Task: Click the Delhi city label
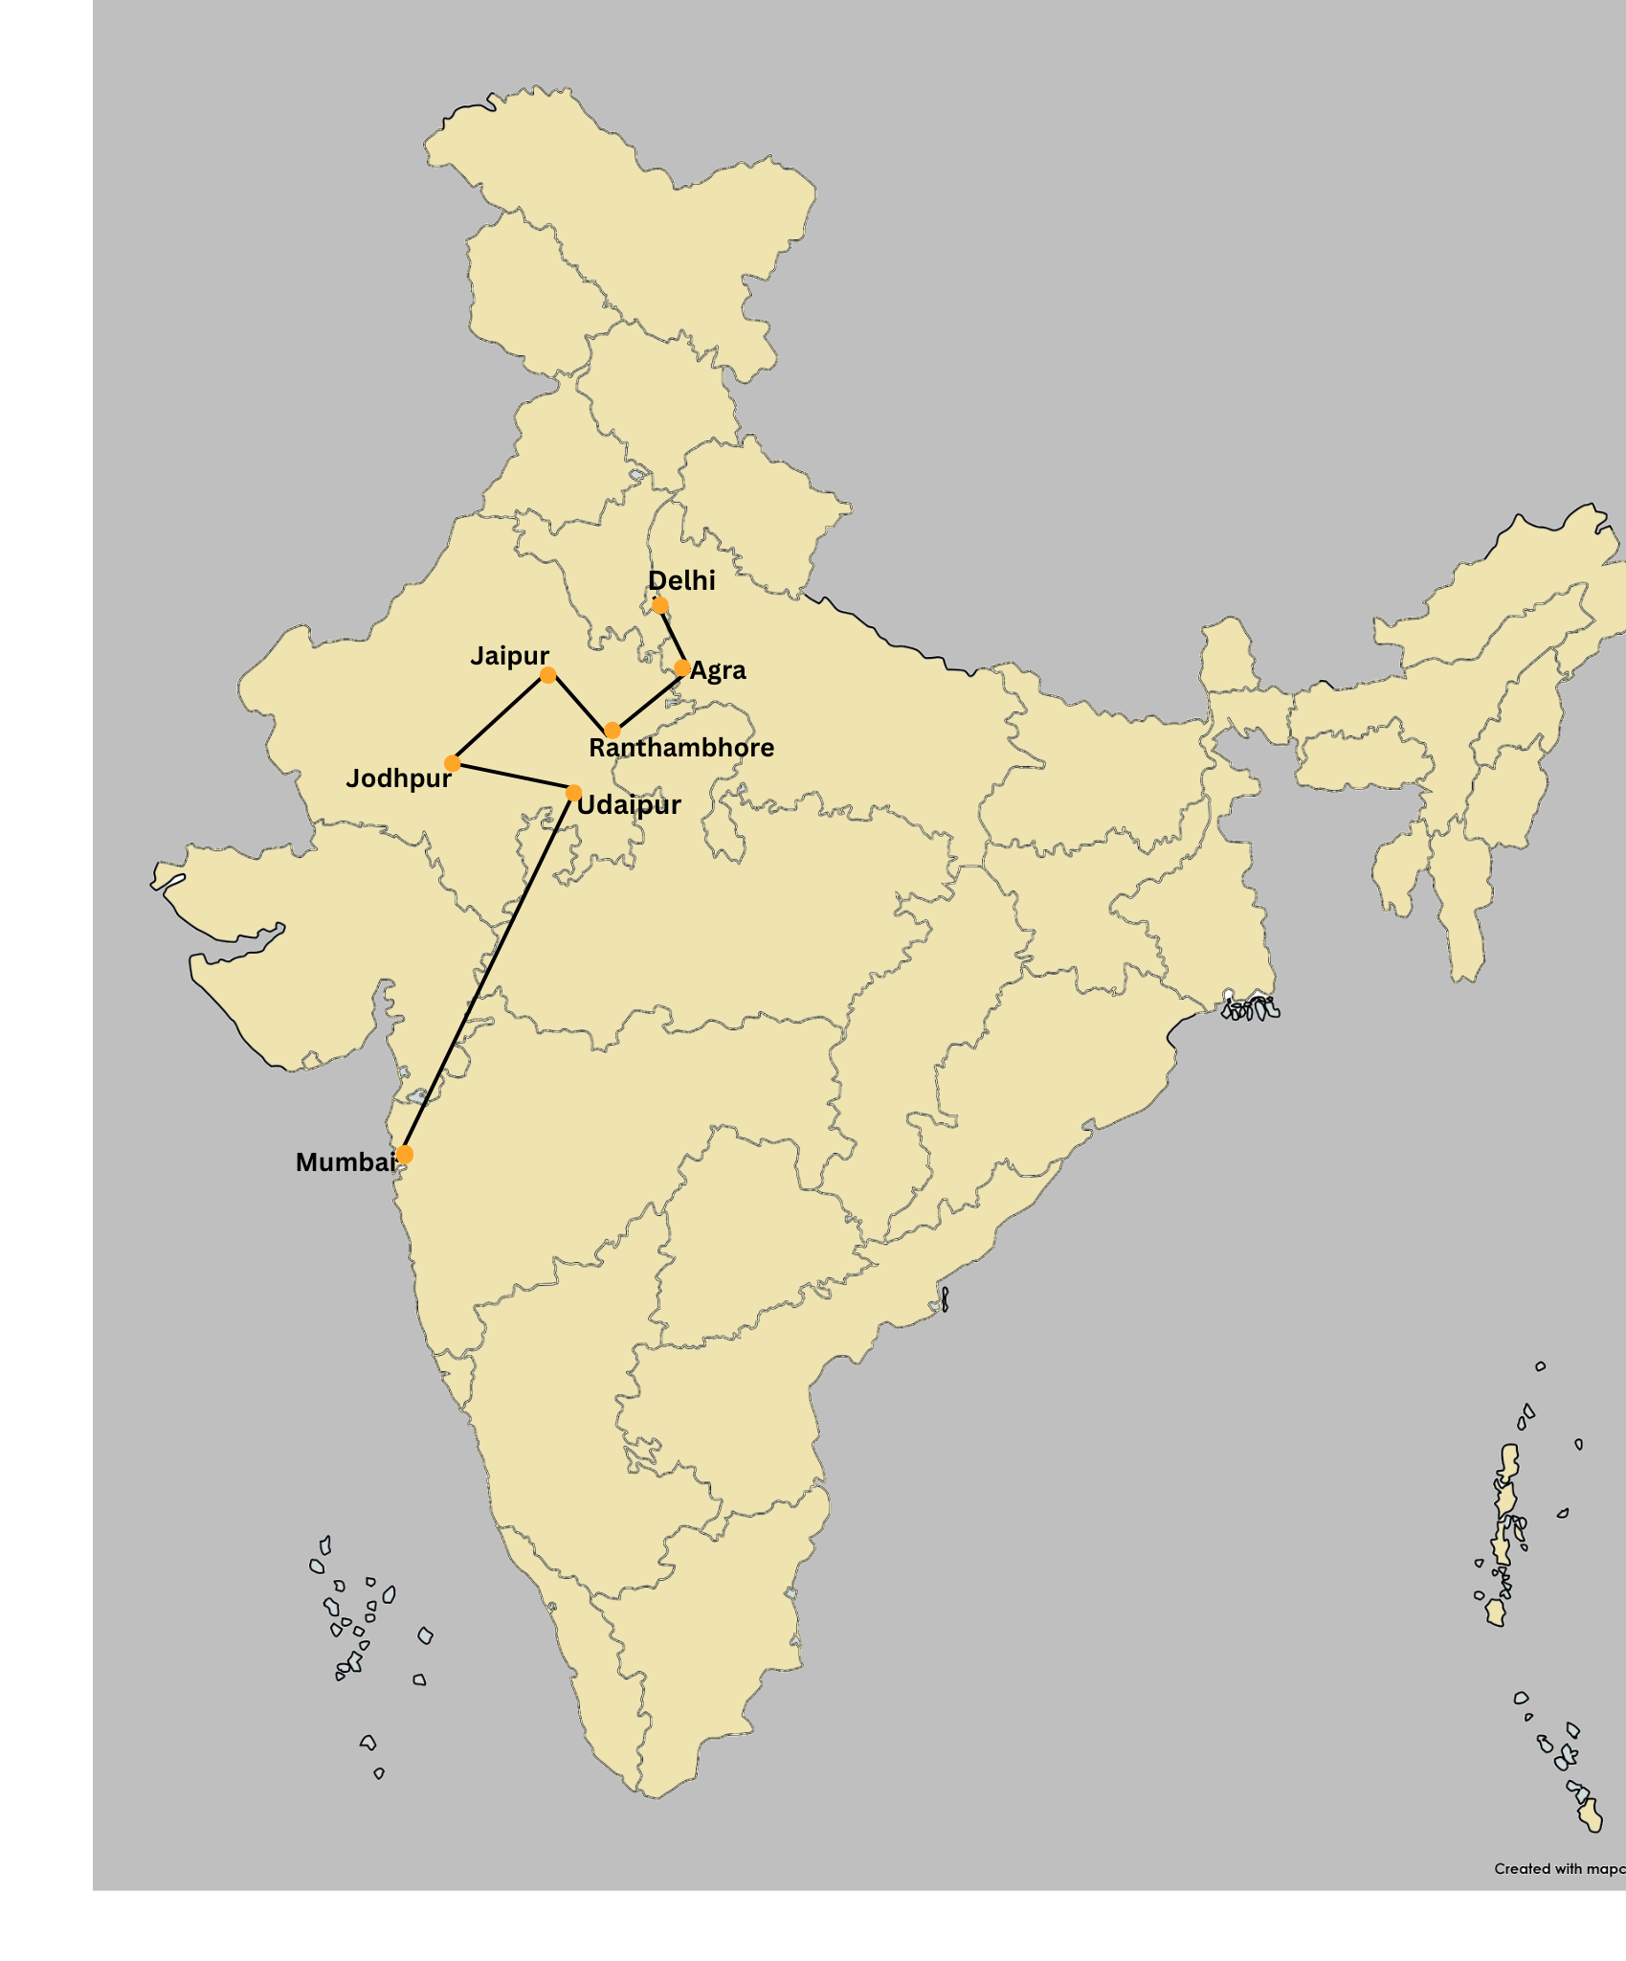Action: click(681, 580)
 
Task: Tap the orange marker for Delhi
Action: click(659, 605)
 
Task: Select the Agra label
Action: click(718, 670)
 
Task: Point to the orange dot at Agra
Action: click(681, 667)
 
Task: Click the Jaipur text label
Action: click(509, 656)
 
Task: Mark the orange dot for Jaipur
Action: click(547, 675)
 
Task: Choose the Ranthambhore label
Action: click(680, 748)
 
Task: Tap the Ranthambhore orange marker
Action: click(613, 731)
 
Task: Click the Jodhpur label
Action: click(398, 778)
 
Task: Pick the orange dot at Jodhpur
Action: click(453, 763)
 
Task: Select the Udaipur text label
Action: click(629, 805)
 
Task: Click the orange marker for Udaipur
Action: click(573, 793)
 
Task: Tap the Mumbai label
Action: click(345, 1162)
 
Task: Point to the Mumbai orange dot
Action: click(405, 1155)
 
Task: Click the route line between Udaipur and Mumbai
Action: click(489, 974)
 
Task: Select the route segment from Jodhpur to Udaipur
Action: click(513, 778)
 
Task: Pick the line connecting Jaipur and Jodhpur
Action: click(500, 719)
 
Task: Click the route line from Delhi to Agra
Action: click(671, 637)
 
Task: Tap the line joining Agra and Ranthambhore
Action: click(647, 699)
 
